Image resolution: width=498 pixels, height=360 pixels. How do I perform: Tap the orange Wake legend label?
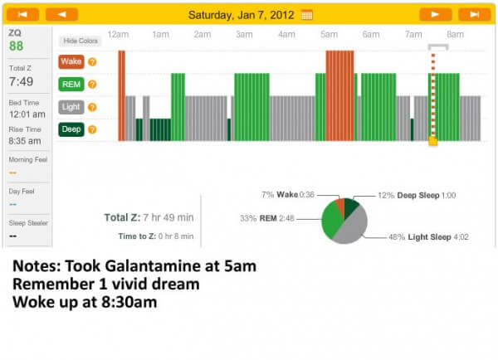(x=71, y=61)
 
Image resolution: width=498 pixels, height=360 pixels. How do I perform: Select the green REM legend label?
(x=71, y=84)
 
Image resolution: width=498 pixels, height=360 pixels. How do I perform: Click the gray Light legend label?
(x=71, y=107)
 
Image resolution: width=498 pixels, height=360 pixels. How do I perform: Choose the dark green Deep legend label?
(x=71, y=129)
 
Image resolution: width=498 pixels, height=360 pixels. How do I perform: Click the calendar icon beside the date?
(x=307, y=14)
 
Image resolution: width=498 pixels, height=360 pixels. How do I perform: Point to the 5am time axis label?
(x=329, y=35)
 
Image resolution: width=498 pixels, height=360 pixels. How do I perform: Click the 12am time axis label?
(x=118, y=35)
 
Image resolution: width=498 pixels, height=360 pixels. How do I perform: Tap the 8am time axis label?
(x=455, y=35)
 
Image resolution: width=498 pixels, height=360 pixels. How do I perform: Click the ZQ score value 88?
(x=17, y=46)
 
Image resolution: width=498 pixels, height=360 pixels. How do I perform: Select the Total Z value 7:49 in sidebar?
(x=22, y=82)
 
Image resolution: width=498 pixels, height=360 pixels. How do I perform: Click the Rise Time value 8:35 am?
(x=25, y=141)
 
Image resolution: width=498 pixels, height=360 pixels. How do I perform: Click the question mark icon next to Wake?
(x=92, y=61)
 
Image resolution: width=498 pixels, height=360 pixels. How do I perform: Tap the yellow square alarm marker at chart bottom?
(x=432, y=142)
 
